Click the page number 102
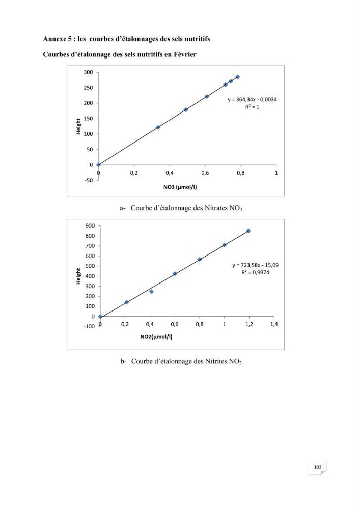317,467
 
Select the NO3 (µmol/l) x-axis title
180,187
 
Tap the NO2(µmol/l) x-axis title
156,337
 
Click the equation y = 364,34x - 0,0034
252,100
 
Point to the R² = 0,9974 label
255,272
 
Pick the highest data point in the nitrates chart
238,77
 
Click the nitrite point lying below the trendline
151,292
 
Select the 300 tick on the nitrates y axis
88,72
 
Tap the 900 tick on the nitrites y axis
90,226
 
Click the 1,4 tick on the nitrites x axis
274,324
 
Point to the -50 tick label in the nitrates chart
88,180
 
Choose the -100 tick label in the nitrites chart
89,327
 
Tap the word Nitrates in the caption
216,208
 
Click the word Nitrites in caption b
216,361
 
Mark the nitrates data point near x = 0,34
158,127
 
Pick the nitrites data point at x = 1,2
248,231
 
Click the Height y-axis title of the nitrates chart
78,127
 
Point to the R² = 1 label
252,107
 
